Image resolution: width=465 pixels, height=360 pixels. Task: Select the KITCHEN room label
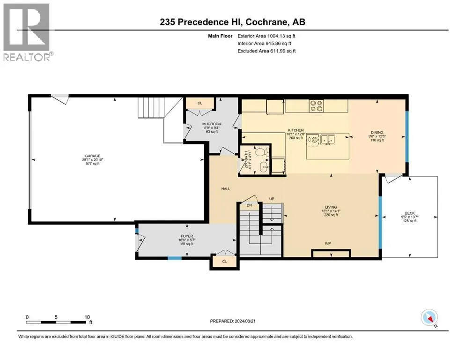(296, 130)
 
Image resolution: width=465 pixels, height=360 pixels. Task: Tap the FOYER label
(187, 236)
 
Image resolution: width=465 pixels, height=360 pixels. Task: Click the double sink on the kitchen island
(327, 139)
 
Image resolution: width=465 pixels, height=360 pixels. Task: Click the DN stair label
(250, 205)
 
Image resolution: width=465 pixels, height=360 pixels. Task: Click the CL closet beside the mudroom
(199, 103)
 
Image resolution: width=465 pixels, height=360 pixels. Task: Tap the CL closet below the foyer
(224, 261)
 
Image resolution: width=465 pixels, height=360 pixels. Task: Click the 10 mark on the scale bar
(87, 317)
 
